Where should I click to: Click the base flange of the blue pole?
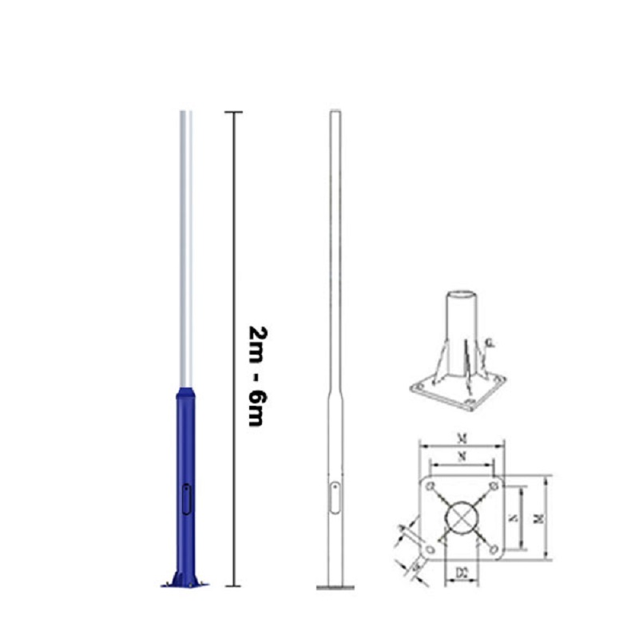pyautogui.click(x=185, y=581)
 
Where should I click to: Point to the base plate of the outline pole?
pyautogui.click(x=335, y=588)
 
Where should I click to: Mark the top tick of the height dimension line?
pyautogui.click(x=233, y=112)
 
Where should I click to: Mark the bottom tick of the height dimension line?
pyautogui.click(x=233, y=586)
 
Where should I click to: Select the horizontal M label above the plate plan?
pyautogui.click(x=461, y=438)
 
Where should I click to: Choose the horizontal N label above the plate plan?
pyautogui.click(x=461, y=456)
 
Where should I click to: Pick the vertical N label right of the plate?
pyautogui.click(x=515, y=518)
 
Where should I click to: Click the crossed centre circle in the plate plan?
pyautogui.click(x=461, y=517)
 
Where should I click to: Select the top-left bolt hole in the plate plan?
pyautogui.click(x=430, y=484)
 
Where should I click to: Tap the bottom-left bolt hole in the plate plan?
pyautogui.click(x=430, y=550)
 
